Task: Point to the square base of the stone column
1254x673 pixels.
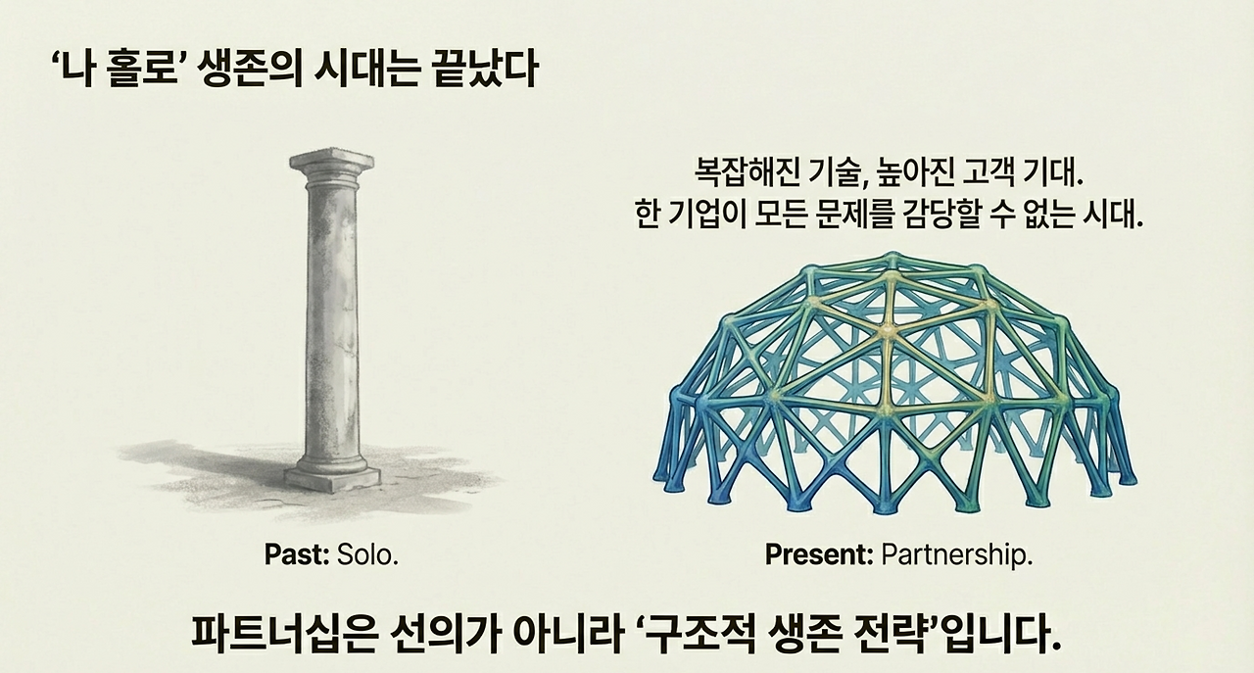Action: pos(333,477)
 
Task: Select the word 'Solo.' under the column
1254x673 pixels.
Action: pos(368,554)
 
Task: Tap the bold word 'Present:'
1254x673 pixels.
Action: pos(819,554)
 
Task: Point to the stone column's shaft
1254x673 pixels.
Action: pos(332,313)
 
